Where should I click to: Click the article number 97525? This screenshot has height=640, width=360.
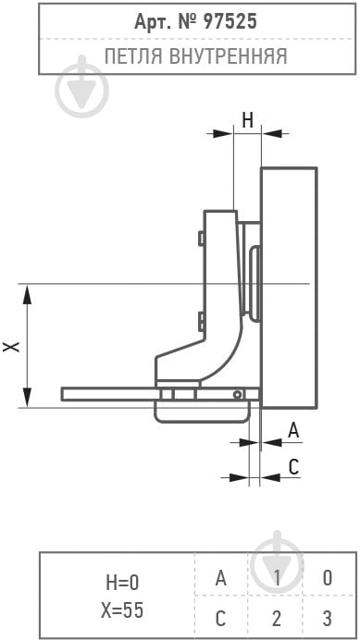pos(225,21)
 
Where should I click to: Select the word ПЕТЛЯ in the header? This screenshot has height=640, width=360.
pos(134,55)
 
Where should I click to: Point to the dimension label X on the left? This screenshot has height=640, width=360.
pos(11,347)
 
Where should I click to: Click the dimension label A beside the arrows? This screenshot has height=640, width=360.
pos(293,431)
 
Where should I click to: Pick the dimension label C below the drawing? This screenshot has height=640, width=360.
pos(294,466)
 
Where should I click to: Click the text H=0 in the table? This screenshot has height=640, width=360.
pos(122,583)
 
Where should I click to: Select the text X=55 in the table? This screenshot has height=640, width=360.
pos(122,610)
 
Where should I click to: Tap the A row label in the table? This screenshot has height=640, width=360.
pos(220,578)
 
